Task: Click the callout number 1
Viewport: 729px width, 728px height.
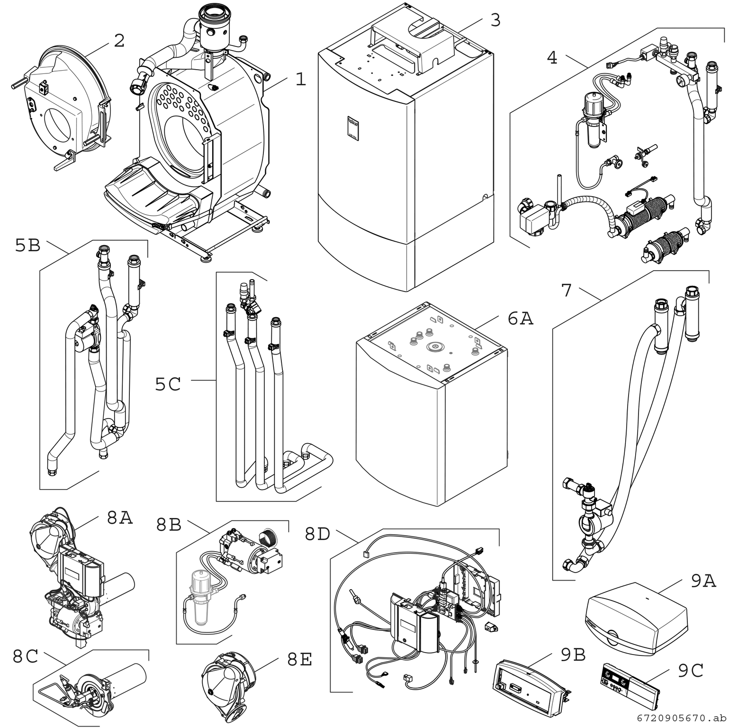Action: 300,79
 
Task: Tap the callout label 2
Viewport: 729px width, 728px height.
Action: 119,41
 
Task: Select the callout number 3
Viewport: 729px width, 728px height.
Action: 495,20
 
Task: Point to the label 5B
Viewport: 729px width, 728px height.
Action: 28,246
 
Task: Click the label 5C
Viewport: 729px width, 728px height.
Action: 168,384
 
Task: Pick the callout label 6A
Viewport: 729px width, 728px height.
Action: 520,319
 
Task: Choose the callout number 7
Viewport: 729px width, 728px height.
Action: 567,290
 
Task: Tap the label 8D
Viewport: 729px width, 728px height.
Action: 317,534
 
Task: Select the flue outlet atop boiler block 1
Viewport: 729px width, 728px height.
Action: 213,24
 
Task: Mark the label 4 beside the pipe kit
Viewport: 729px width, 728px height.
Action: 552,57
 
